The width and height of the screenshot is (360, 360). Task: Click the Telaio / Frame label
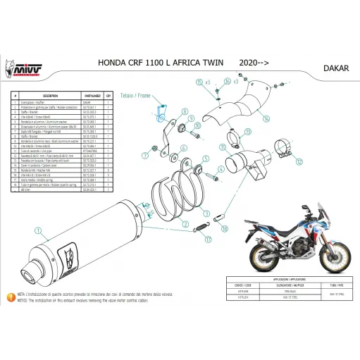coord(156,94)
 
